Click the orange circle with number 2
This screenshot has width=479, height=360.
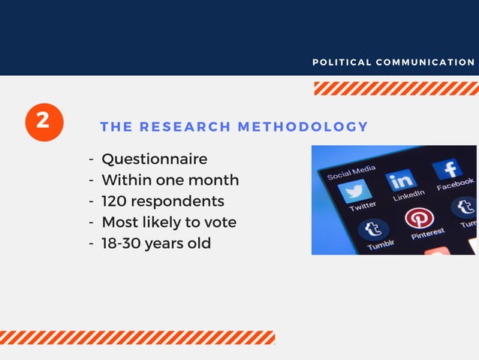[x=44, y=123]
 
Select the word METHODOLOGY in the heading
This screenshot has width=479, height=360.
[x=303, y=127]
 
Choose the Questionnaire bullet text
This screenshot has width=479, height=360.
[x=154, y=159]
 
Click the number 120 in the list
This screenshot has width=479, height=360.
[x=115, y=201]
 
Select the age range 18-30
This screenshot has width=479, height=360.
[x=124, y=243]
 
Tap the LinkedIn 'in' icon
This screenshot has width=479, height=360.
[x=402, y=180]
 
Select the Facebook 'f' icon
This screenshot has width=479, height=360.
[x=447, y=168]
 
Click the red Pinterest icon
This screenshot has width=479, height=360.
[x=418, y=219]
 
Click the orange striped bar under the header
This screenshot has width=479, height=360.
[x=396, y=89]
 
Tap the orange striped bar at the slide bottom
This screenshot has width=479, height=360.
[x=137, y=337]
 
